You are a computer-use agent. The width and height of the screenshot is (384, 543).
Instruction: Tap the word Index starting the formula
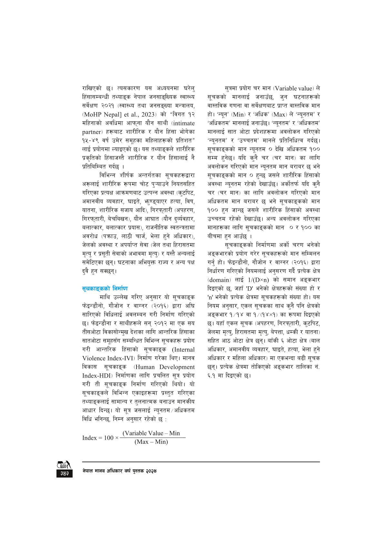click(x=89, y=438)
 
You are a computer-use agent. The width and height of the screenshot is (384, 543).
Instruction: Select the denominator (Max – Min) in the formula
click(x=151, y=442)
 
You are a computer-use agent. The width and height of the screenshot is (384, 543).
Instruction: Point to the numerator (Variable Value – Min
click(x=151, y=433)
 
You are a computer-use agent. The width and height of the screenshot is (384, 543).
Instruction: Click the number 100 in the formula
click(x=108, y=438)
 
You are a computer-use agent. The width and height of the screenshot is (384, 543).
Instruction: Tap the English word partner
click(x=92, y=132)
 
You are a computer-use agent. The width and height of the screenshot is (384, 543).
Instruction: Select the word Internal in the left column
click(x=183, y=350)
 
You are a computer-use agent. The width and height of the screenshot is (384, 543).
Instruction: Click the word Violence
click(x=94, y=358)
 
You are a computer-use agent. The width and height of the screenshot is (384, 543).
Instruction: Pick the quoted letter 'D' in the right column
click(x=249, y=289)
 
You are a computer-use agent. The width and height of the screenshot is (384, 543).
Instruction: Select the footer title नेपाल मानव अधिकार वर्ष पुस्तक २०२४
click(x=119, y=471)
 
